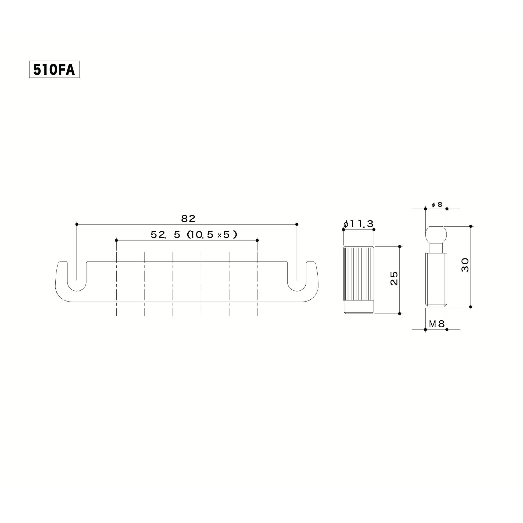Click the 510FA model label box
coord(54,69)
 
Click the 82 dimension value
coord(188,219)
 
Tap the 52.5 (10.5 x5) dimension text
coord(194,235)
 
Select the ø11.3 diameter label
coord(359,224)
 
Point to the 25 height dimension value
coord(394,278)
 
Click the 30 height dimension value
coord(465,265)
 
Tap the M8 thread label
coord(437,324)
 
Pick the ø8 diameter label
coord(437,205)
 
